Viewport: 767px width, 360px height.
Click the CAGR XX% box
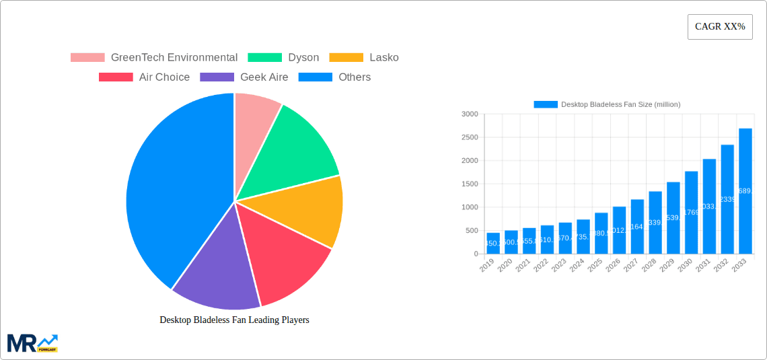720,27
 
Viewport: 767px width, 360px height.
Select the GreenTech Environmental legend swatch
87,58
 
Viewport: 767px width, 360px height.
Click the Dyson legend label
303,58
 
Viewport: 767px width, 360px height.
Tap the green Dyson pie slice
296,148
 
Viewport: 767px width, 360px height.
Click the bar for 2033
745,191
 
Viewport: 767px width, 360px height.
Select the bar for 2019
493,244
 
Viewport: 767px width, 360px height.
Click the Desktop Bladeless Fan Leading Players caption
234,320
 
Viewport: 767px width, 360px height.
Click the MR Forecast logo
32,343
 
